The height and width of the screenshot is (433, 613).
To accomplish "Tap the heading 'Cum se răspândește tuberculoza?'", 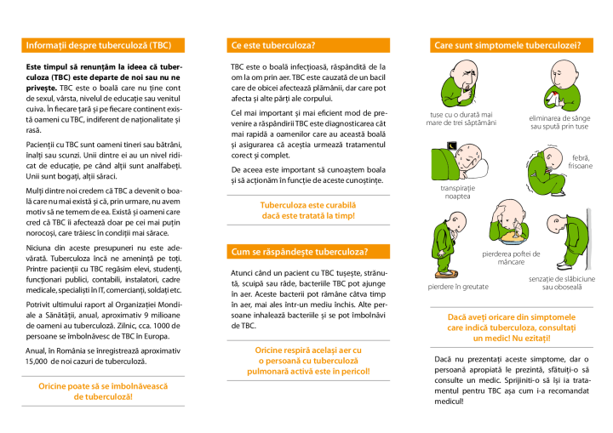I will coord(299,252).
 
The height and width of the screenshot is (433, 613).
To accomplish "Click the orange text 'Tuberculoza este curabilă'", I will coord(307,205).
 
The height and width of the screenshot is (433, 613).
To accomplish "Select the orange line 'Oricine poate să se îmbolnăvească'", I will coord(103,386).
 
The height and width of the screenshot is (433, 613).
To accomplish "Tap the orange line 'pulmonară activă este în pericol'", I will coord(307,371).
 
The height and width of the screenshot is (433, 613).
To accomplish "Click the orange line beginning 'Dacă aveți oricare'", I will coord(511,316).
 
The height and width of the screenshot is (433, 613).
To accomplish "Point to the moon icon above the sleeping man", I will coord(452,146).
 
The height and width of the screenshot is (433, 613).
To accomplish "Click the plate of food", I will coord(513,241).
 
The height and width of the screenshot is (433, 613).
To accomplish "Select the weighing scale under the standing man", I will coord(445,274).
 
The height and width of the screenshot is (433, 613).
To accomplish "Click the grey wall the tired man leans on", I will coord(589,238).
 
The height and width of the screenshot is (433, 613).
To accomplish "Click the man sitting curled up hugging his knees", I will coord(545,173).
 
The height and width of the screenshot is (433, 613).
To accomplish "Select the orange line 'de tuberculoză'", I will coord(103,397).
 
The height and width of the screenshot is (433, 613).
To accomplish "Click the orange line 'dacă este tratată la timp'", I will coord(307,216).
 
